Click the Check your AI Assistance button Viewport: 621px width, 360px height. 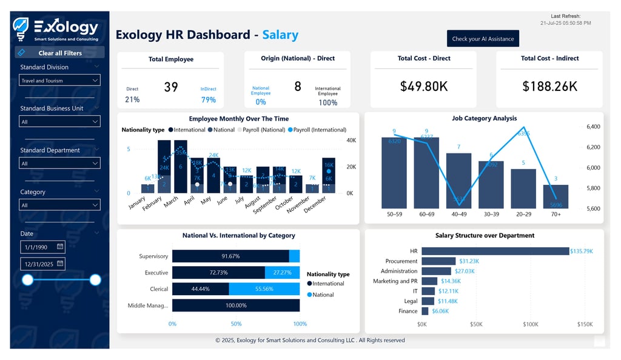tap(483, 39)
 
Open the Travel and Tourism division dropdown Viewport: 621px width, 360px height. tap(59, 81)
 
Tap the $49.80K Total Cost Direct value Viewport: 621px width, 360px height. tap(424, 87)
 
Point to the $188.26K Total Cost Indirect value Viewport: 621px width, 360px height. tap(549, 87)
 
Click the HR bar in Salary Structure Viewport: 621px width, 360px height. tap(495, 251)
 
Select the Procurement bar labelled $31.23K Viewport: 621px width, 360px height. tap(438, 261)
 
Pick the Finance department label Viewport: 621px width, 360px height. tap(408, 311)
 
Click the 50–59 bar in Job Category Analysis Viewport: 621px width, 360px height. tap(394, 173)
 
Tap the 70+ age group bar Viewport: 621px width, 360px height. tap(556, 196)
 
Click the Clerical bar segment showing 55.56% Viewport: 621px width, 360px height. tap(264, 289)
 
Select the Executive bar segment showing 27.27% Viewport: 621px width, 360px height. tap(282, 273)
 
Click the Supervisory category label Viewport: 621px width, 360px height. tap(153, 256)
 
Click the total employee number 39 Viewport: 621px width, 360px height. tap(171, 87)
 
